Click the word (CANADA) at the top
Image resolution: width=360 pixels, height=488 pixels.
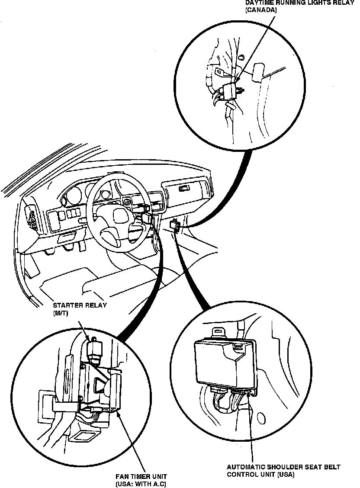click(260, 10)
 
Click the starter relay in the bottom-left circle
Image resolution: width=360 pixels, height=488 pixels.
click(94, 348)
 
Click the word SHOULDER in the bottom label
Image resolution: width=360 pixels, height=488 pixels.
click(286, 467)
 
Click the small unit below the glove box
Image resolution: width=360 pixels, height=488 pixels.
click(175, 226)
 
